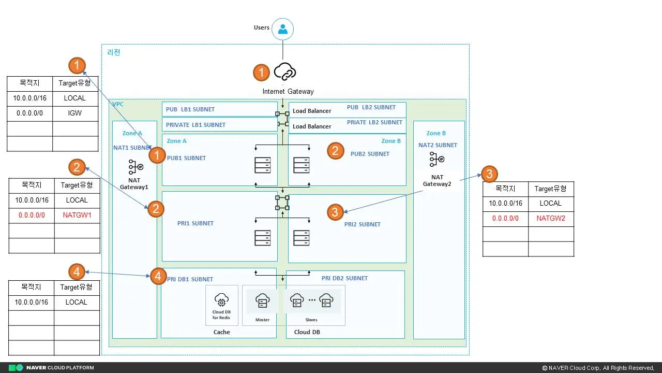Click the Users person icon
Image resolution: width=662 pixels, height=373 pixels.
(x=282, y=29)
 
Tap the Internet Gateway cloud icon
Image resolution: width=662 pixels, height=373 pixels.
(x=284, y=71)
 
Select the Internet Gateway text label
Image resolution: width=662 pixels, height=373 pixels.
(x=288, y=91)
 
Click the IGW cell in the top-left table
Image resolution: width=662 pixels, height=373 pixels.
(x=75, y=113)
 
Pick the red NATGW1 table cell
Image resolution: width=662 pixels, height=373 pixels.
(x=77, y=215)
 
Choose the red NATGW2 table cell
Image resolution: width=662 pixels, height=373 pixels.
(x=551, y=219)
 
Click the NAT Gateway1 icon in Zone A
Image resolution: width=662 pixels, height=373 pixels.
(x=135, y=167)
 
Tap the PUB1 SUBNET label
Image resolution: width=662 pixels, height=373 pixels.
(x=186, y=158)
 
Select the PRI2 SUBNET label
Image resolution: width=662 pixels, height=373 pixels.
(x=363, y=224)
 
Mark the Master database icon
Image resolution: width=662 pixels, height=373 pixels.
(x=262, y=300)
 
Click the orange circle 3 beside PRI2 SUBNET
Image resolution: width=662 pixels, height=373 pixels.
(x=335, y=211)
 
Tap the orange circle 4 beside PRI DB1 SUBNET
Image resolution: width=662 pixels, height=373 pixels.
(x=158, y=276)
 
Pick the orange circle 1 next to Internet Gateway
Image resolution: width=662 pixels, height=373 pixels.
(x=261, y=73)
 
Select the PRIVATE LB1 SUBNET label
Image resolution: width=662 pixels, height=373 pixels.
(x=195, y=125)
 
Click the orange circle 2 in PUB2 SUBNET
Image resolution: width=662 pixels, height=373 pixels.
(x=335, y=151)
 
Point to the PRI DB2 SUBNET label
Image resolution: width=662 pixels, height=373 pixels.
(x=344, y=278)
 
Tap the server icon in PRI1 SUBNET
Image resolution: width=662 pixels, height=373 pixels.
(x=262, y=238)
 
